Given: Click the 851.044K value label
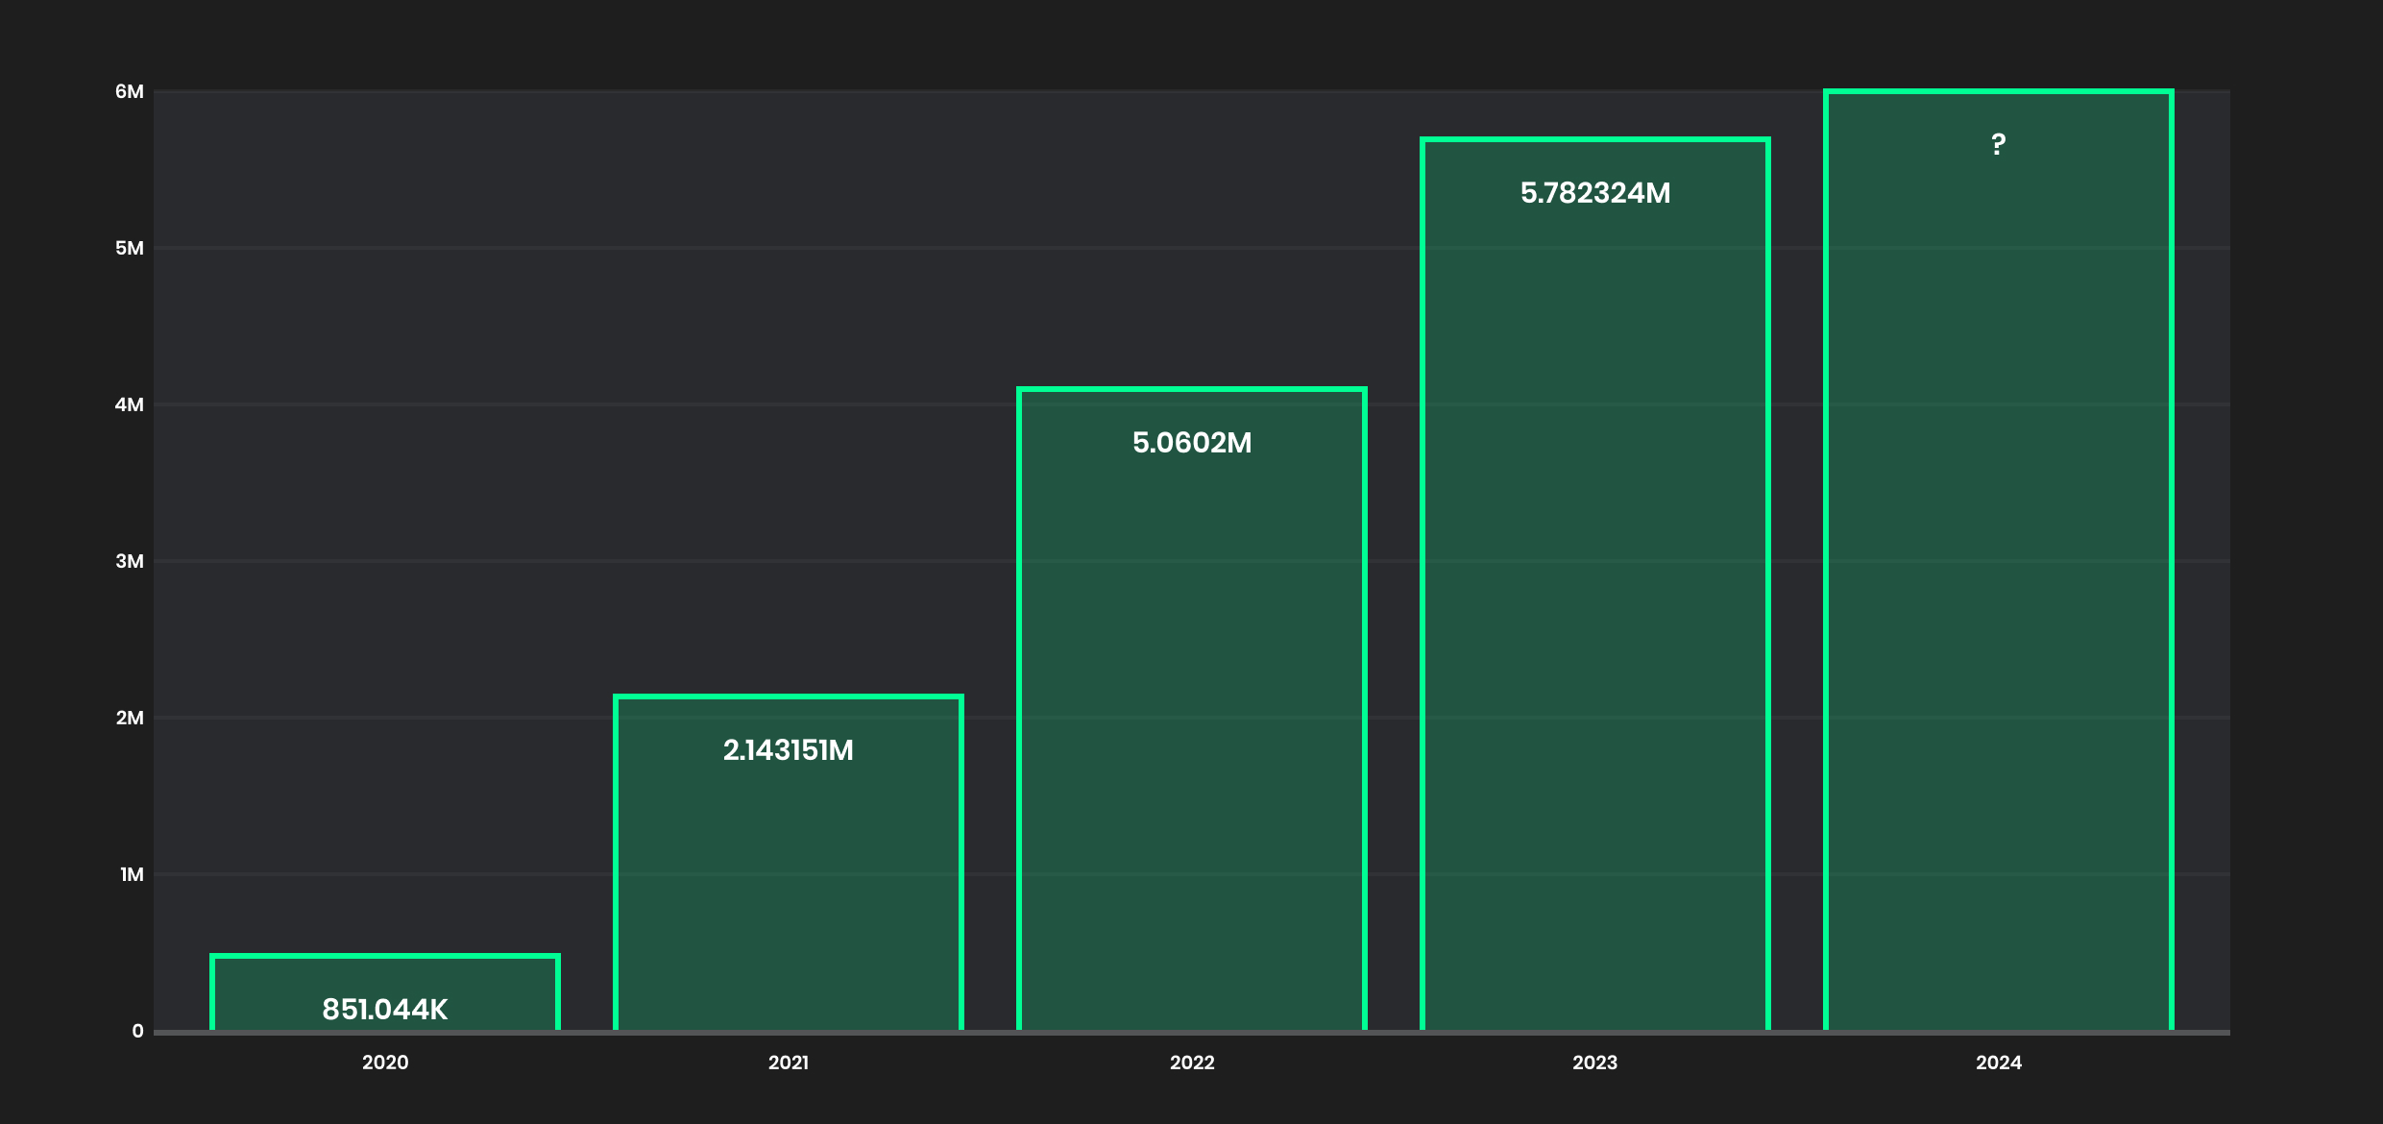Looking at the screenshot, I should pos(384,1010).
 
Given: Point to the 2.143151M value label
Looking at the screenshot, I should pos(788,750).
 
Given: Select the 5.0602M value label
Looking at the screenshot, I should pos(1191,443).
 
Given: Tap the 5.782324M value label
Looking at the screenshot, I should pos(1594,193).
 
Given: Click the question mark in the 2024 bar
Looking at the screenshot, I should pos(1998,144).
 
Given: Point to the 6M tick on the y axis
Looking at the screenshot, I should pos(130,91).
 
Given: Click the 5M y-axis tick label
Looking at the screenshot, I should pos(130,248).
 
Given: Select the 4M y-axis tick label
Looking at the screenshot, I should pos(130,404).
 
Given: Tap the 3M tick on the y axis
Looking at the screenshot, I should pos(130,561).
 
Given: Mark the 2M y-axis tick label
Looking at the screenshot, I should pos(130,718).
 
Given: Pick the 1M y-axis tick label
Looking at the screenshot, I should pos(132,874).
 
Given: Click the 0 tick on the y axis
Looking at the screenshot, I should pos(137,1031).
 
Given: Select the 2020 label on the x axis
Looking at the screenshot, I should pos(384,1063).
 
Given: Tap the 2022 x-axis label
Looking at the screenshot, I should pos(1191,1063).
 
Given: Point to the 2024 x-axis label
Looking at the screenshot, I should pos(1998,1063).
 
